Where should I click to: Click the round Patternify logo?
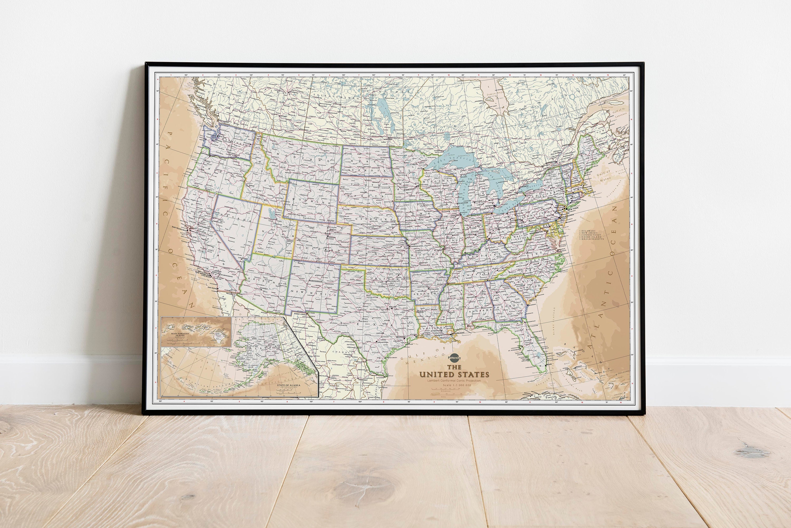pos(454,359)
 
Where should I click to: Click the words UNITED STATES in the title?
pos(454,374)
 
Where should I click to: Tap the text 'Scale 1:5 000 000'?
pos(454,385)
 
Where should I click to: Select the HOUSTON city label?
pos(400,337)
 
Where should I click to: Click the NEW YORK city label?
pos(572,209)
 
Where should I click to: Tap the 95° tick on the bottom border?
pos(409,402)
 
